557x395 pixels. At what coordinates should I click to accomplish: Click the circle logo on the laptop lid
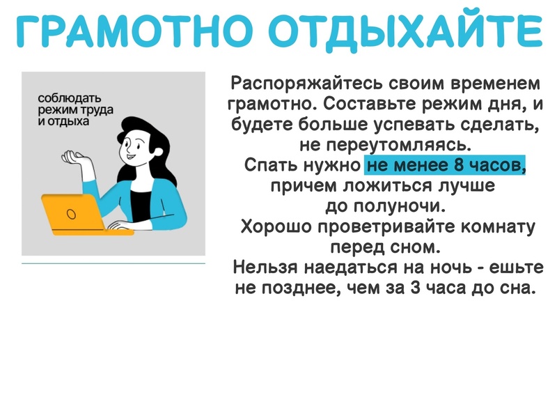click(x=72, y=214)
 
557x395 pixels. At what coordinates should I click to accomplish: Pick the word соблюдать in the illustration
click(x=70, y=98)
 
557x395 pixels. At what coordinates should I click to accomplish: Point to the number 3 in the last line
click(x=414, y=288)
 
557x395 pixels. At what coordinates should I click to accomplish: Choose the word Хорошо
click(x=276, y=226)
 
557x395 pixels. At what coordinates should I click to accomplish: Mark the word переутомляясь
click(x=399, y=146)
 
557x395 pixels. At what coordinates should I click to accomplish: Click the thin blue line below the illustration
click(x=113, y=263)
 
